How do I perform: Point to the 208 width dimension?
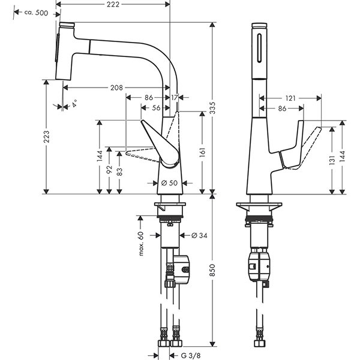(x=117, y=88)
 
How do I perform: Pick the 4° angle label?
(x=74, y=105)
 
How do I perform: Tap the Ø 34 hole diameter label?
(x=199, y=235)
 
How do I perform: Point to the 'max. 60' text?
(x=142, y=242)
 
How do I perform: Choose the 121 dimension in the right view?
(x=290, y=97)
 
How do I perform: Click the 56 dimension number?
(x=155, y=109)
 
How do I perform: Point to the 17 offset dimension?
(x=175, y=97)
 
